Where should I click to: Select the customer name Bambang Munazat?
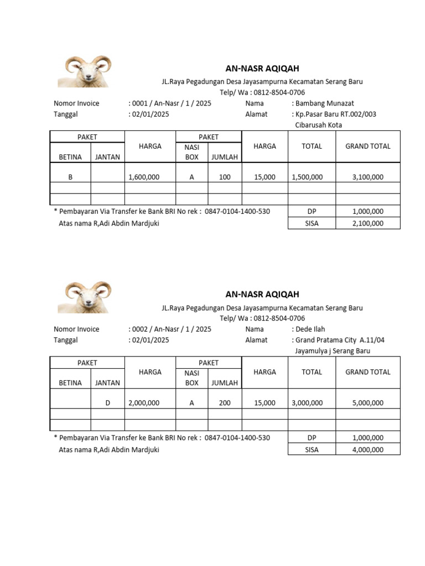324,103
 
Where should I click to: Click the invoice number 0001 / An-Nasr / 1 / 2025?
171,103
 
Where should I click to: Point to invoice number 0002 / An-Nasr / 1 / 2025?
171,329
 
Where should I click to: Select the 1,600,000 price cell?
144,177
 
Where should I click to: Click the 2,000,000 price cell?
144,403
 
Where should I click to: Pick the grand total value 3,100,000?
367,177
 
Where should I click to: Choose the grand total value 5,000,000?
367,403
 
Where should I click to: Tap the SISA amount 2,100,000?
367,223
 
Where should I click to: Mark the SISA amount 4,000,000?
367,449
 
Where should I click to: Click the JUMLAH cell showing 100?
225,177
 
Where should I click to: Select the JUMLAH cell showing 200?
225,403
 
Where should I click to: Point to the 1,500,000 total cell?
307,177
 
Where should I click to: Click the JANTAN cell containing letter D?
107,403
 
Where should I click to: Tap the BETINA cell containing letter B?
70,177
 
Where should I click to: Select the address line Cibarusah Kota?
319,125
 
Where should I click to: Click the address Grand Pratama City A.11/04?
340,340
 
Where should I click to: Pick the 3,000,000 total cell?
307,403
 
